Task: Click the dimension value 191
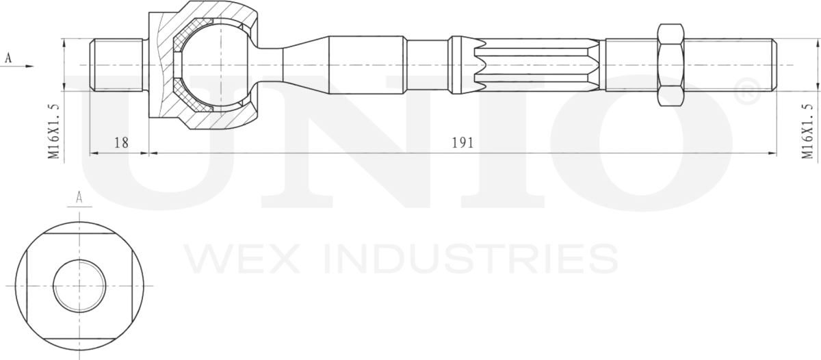462,142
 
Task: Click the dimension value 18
121,142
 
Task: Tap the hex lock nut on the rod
671,65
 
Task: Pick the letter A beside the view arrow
8,57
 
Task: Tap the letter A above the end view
79,198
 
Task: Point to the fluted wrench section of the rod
534,65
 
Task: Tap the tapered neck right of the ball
301,65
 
